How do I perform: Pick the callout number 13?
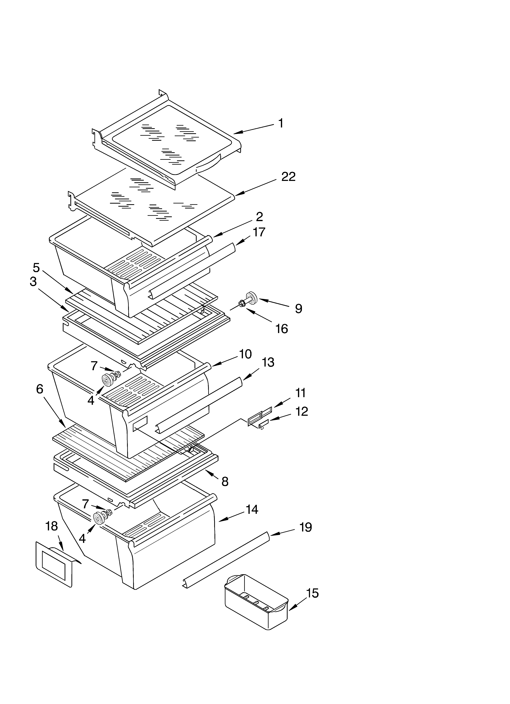pos(268,362)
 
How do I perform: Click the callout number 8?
pos(225,481)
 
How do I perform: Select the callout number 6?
pos(39,389)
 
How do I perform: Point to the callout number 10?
pos(245,354)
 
